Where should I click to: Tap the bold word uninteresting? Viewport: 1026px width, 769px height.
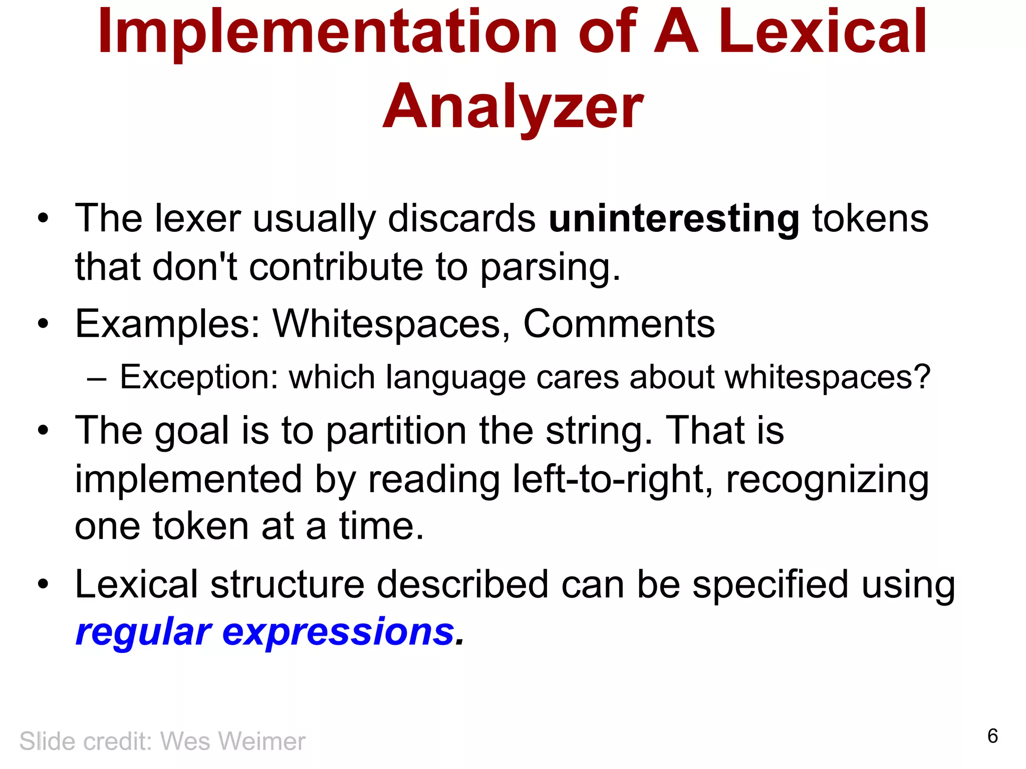pyautogui.click(x=673, y=219)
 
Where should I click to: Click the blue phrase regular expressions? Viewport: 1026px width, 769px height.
pyautogui.click(x=265, y=632)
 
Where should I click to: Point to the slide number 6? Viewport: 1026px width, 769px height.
pyautogui.click(x=992, y=736)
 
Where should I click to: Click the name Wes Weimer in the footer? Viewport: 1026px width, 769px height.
pyautogui.click(x=232, y=741)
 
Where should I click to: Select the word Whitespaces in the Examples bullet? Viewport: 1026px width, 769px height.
pyautogui.click(x=386, y=324)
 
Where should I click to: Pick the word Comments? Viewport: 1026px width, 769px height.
pyautogui.click(x=619, y=324)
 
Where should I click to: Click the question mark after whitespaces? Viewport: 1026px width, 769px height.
pyautogui.click(x=921, y=377)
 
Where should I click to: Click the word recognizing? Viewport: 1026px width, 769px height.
pyautogui.click(x=827, y=479)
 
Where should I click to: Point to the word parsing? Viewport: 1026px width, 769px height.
pyautogui.click(x=550, y=267)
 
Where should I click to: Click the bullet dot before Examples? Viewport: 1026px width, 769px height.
pyautogui.click(x=44, y=324)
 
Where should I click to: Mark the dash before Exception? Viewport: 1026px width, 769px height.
pyautogui.click(x=96, y=378)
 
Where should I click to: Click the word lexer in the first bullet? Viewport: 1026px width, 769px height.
pyautogui.click(x=198, y=219)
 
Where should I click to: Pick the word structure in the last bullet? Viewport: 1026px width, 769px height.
pyautogui.click(x=287, y=584)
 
